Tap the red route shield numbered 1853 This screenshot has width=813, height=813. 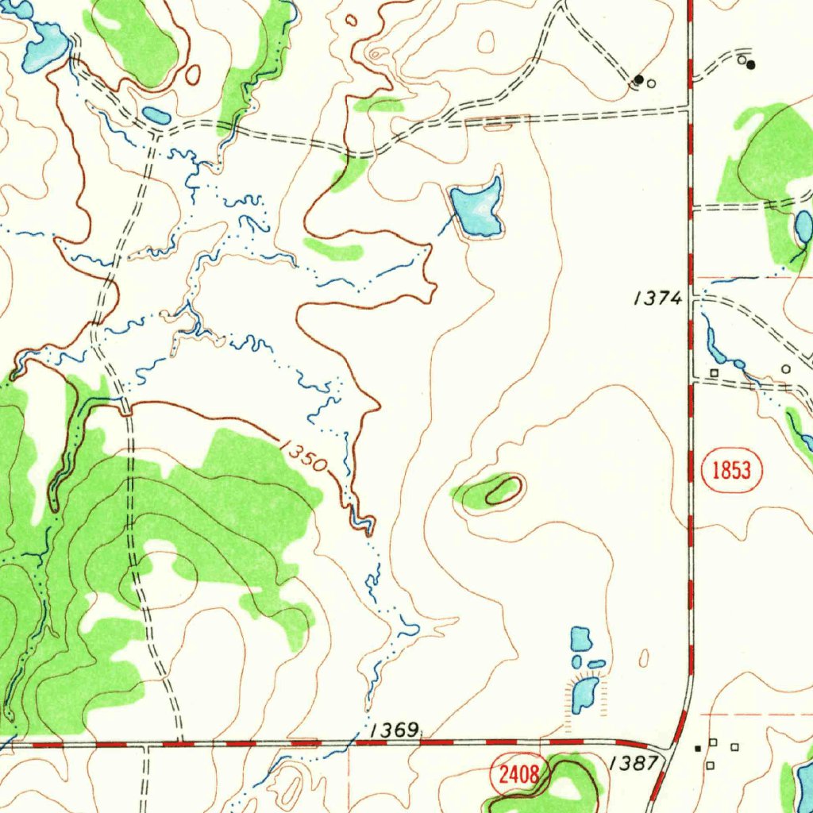coord(732,470)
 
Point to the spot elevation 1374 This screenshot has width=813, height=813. coord(657,299)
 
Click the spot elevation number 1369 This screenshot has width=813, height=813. coord(395,730)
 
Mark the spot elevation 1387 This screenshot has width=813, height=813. coord(634,764)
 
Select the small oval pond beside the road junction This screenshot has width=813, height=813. coord(156,116)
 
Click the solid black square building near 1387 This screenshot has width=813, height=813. coord(698,748)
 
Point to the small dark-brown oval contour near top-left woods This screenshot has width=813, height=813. coord(193,75)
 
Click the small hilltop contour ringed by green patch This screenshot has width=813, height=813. coord(503,489)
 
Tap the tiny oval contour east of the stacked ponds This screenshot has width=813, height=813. coord(644,658)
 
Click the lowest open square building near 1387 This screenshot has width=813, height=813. coord(711,765)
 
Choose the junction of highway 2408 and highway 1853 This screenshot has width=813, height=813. coord(673,746)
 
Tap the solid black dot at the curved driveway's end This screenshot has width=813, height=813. coord(751,64)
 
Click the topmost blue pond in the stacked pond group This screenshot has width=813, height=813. coord(581,638)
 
